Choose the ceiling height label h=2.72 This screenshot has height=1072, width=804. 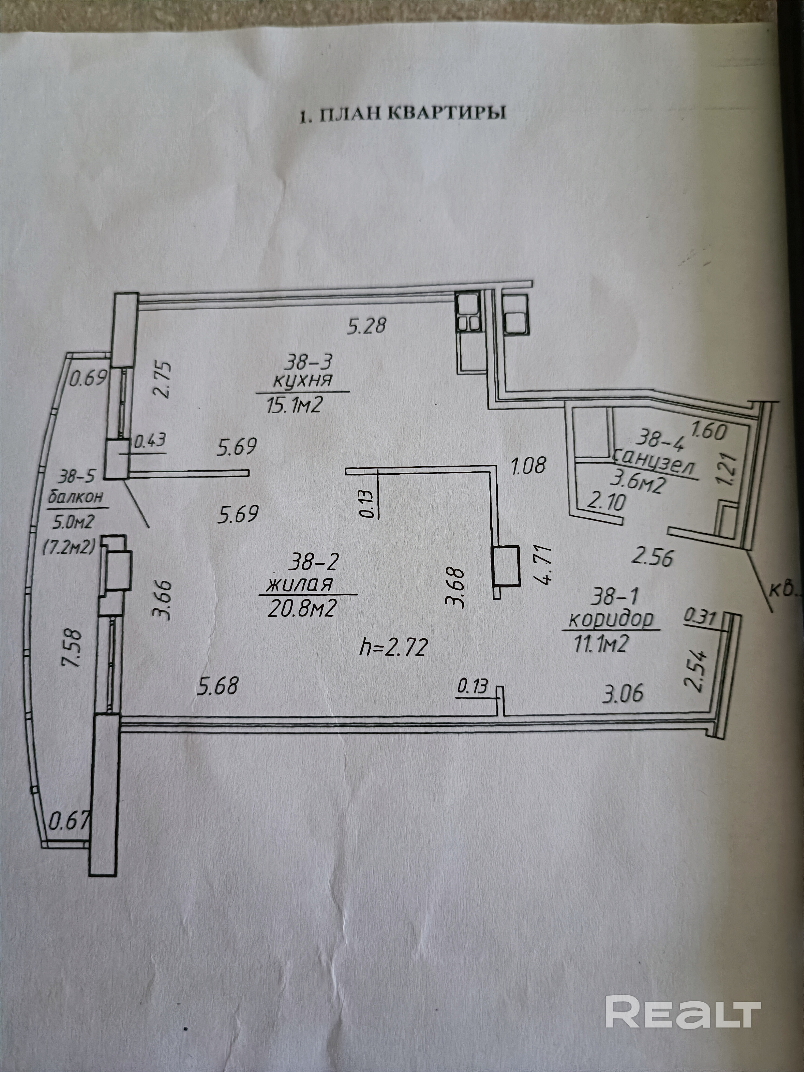pyautogui.click(x=393, y=647)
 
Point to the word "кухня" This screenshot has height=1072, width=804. pyautogui.click(x=302, y=380)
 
